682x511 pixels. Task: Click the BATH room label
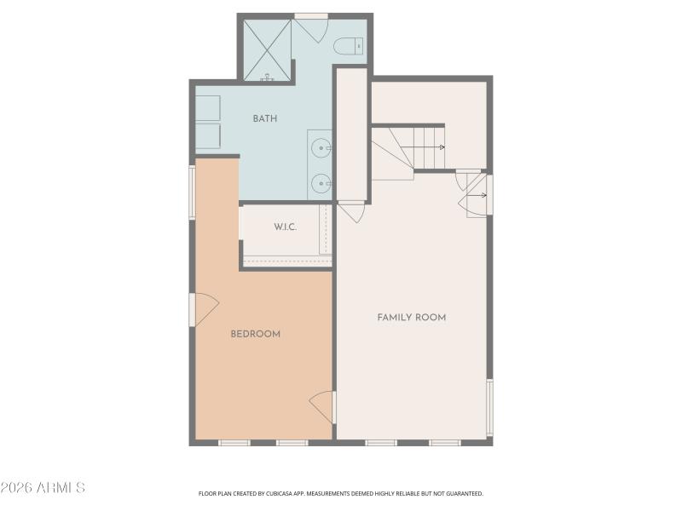coord(264,118)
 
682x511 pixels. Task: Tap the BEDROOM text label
coord(256,334)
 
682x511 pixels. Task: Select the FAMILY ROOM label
coord(411,318)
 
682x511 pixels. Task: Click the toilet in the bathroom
coord(348,45)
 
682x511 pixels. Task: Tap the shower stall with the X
coord(267,49)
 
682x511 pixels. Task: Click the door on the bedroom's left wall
coord(205,310)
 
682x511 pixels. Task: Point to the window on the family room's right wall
coord(489,407)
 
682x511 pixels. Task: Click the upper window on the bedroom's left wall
coord(193,191)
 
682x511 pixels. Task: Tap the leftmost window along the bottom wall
coord(234,442)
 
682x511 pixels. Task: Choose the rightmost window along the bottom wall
coord(445,442)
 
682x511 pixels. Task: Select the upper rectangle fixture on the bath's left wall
coord(208,108)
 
